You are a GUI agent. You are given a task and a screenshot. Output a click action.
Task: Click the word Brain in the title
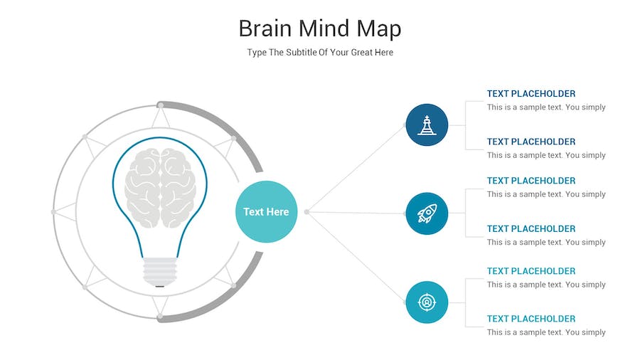265,28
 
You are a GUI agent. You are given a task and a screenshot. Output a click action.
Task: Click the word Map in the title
379,29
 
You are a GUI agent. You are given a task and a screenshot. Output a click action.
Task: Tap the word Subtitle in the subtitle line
302,52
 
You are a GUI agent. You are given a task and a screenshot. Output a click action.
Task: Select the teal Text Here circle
266,211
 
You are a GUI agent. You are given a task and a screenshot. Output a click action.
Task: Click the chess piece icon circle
427,125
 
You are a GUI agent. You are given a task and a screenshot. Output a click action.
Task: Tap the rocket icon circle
427,213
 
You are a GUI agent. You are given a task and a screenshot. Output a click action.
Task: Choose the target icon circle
427,302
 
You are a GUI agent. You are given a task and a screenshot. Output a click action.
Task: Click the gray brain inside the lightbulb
160,187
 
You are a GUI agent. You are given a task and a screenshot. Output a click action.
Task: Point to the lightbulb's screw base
160,272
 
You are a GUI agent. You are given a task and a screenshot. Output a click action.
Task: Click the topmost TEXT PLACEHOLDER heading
531,93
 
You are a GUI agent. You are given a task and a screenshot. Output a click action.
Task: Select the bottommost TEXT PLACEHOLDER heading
531,319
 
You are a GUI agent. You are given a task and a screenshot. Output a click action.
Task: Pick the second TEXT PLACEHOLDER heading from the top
531,142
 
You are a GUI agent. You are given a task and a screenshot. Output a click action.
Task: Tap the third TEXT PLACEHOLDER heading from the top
531,181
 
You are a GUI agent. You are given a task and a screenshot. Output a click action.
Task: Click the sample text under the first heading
546,107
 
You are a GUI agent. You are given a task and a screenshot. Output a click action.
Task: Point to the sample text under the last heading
546,332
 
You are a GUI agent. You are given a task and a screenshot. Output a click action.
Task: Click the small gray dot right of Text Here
306,212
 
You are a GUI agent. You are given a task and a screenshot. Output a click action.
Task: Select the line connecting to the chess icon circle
356,168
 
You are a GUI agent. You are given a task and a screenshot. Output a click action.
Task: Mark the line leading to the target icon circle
356,257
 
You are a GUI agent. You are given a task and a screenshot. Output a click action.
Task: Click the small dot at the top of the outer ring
161,106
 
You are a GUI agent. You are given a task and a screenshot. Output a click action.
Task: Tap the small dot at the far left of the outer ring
53,212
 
